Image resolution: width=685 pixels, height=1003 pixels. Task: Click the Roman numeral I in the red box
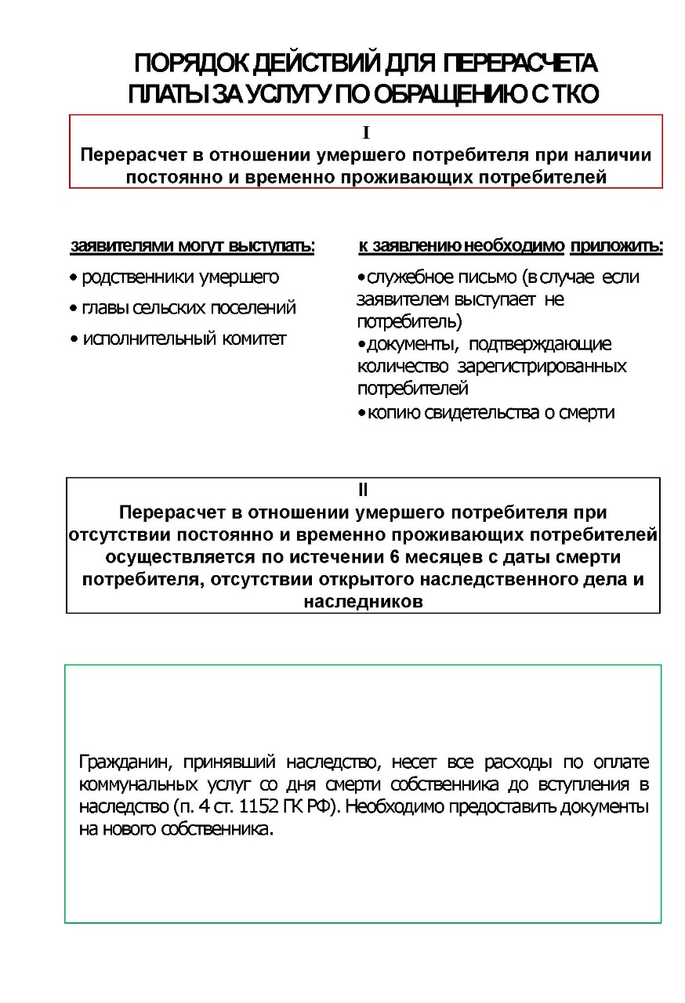point(366,133)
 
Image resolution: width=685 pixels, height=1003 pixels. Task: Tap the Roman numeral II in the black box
point(363,491)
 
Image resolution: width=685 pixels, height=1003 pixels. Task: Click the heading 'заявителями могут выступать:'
point(193,247)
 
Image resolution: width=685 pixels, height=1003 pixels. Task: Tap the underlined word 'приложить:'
point(616,247)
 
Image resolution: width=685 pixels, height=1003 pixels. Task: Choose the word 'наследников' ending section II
point(363,602)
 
